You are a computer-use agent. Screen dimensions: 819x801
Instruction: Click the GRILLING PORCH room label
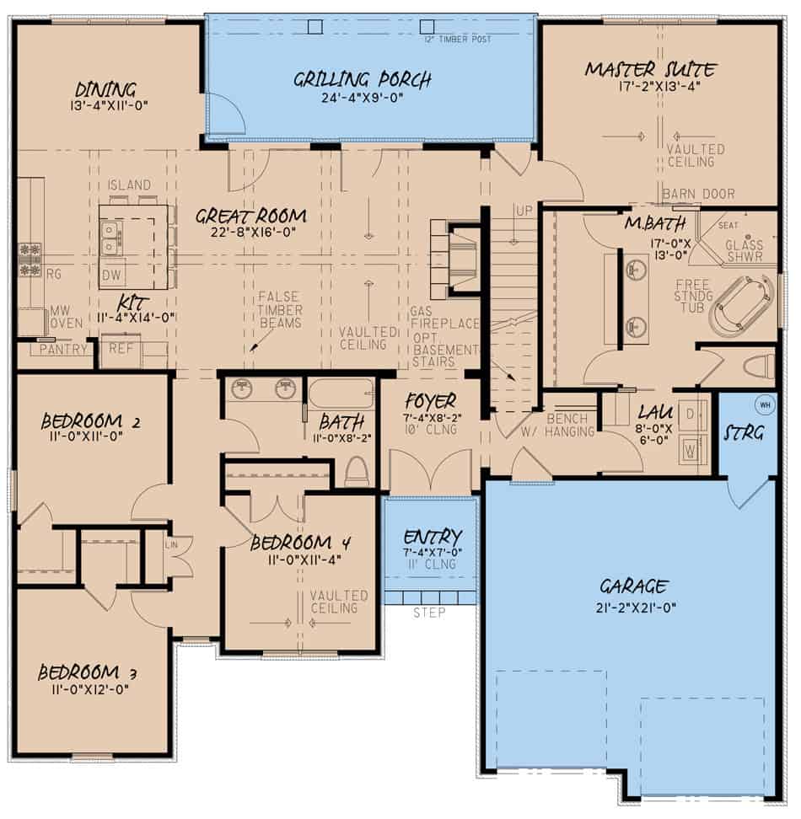pos(363,80)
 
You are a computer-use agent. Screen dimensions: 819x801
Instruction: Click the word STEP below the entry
pos(428,613)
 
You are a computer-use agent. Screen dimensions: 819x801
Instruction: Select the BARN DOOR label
pos(698,194)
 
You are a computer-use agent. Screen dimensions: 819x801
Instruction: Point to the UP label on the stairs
pos(524,210)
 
